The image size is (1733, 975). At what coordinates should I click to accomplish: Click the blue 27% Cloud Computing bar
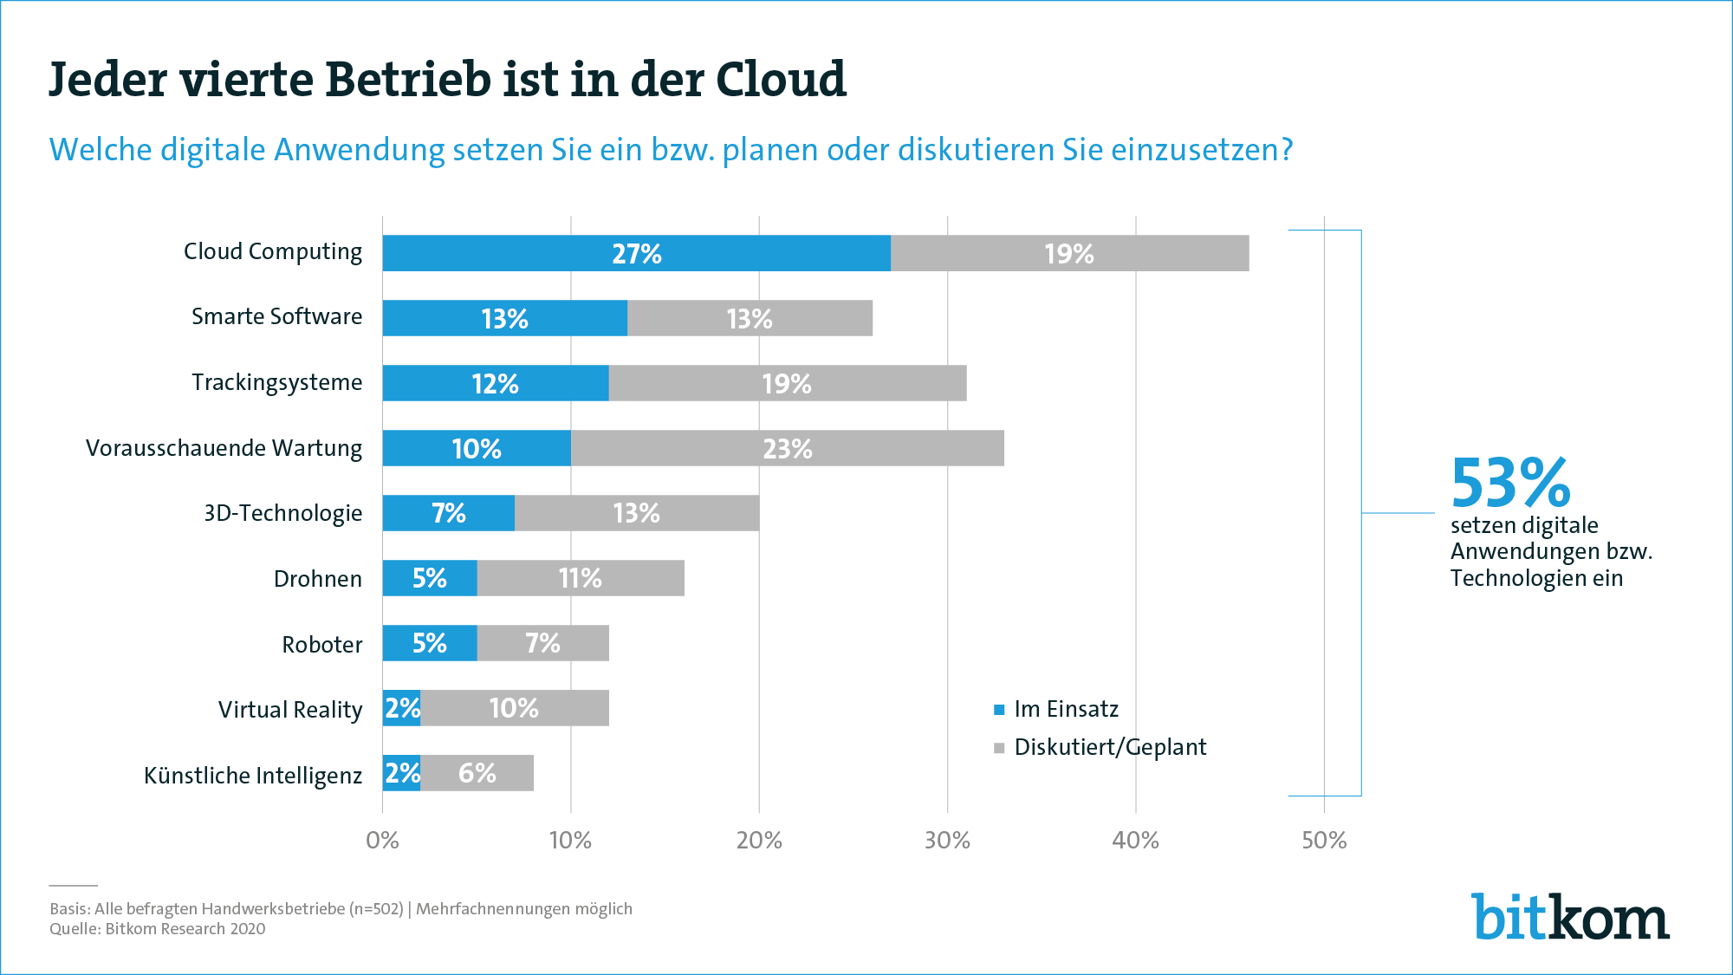[x=636, y=253]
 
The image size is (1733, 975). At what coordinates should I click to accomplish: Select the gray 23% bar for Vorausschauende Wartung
[x=787, y=448]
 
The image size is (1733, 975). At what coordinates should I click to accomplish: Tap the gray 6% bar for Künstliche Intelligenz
[x=477, y=773]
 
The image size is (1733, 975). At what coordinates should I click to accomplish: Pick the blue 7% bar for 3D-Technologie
[x=448, y=513]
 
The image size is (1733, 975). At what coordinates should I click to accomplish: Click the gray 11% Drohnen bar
[x=580, y=578]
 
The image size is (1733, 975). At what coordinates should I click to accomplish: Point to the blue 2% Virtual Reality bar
[x=402, y=708]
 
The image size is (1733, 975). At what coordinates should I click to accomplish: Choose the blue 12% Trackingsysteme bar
[x=495, y=383]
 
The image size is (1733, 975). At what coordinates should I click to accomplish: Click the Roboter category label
[x=321, y=645]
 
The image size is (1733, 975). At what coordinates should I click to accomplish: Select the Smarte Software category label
[x=276, y=316]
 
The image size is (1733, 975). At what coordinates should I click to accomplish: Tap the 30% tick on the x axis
[x=947, y=840]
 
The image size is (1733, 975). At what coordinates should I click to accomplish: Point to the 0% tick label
[x=382, y=840]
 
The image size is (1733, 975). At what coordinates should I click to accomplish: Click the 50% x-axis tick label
[x=1324, y=840]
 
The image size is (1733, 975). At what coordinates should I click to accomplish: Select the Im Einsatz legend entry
[x=1066, y=709]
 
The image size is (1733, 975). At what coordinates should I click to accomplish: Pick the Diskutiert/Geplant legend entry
[x=1109, y=747]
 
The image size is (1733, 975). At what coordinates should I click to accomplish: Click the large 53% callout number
[x=1510, y=483]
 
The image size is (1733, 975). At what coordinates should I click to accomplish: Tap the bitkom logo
[x=1570, y=917]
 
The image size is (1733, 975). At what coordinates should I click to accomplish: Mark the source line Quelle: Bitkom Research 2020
[x=158, y=929]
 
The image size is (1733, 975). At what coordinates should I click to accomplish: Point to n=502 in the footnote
[x=377, y=909]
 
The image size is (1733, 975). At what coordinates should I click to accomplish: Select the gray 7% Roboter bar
[x=542, y=643]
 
